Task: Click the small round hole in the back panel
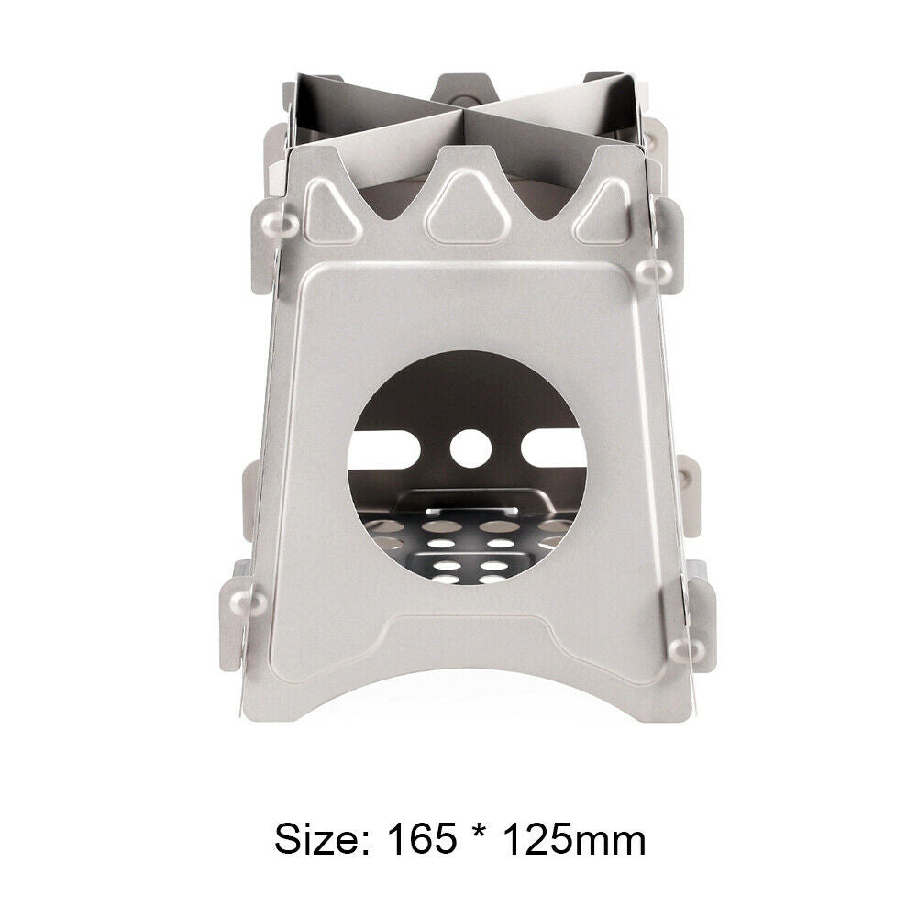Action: pos(470,446)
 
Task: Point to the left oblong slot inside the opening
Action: pos(389,448)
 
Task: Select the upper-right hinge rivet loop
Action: pos(657,268)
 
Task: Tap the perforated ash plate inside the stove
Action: pos(468,550)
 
